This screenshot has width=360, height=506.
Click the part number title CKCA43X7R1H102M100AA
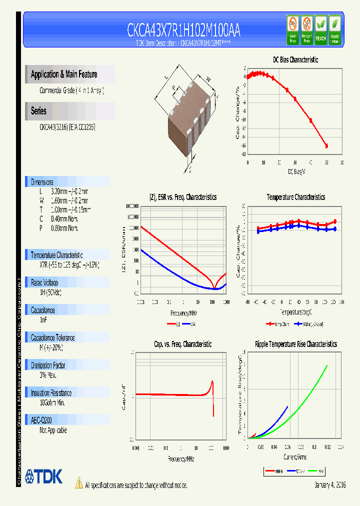183,31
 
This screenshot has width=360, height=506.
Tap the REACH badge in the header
320,30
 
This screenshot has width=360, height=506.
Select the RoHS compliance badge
335,30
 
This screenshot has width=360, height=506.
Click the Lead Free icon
292,30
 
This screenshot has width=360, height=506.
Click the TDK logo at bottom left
44,476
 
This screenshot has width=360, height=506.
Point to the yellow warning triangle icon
78,483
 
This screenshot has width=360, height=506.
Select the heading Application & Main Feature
64,74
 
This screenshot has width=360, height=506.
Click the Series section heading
38,111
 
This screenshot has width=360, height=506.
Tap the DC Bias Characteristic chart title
295,59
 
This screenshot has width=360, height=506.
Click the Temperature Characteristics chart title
295,197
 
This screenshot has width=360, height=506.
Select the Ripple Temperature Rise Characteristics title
295,344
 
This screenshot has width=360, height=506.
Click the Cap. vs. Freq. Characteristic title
182,344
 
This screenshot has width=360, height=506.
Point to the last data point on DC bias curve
326,146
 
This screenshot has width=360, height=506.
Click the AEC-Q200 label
41,420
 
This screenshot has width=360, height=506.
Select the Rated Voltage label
44,282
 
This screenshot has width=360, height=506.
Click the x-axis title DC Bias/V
296,172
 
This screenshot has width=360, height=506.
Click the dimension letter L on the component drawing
166,77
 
